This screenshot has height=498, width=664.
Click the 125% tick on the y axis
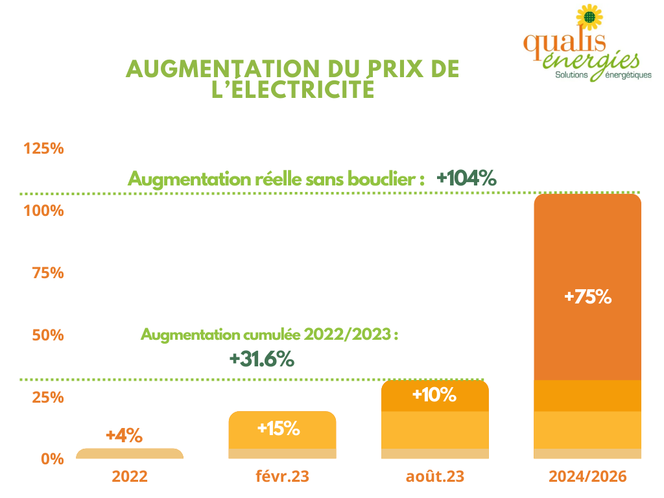(43, 148)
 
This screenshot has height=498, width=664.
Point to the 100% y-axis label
(43, 211)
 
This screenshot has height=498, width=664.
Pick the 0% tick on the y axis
(53, 459)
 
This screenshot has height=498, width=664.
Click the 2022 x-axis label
(130, 477)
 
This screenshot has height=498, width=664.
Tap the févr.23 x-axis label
(282, 477)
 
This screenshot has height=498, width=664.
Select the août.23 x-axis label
(434, 477)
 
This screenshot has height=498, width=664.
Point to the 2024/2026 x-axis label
(587, 477)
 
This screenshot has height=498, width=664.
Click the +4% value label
(124, 435)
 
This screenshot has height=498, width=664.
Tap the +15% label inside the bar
(278, 428)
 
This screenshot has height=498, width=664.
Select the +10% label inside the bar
(434, 394)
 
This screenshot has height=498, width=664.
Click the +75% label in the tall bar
(587, 297)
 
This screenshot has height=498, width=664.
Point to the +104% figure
(466, 178)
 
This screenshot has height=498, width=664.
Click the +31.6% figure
(262, 359)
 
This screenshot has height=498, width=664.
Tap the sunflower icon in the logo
(588, 18)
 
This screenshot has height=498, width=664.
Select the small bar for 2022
(130, 454)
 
